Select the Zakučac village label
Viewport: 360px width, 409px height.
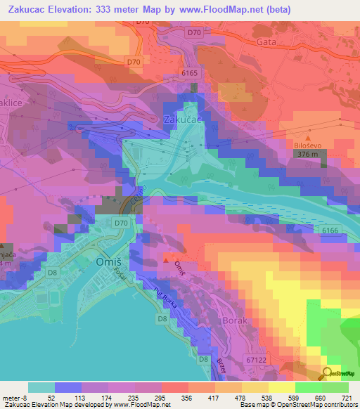[x=181, y=120]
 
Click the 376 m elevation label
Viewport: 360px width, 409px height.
[x=308, y=155]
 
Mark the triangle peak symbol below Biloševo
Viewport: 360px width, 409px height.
[x=306, y=136]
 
